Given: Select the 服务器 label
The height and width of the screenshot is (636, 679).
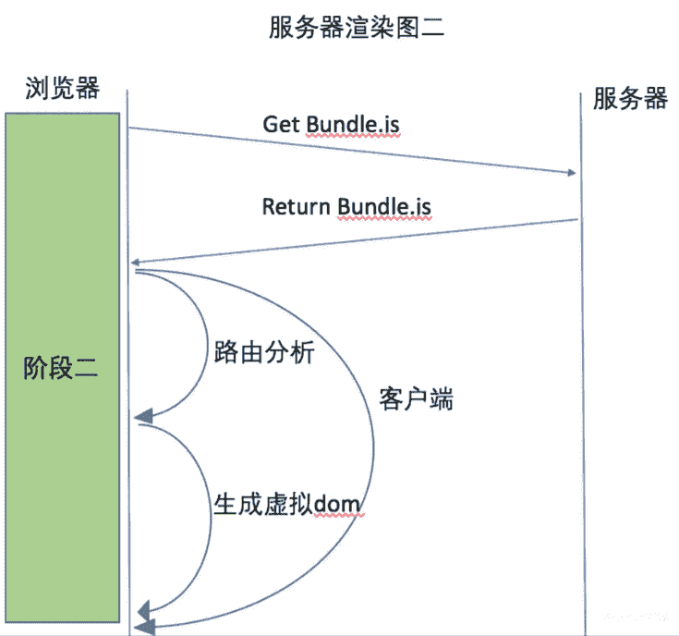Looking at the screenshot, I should click(630, 99).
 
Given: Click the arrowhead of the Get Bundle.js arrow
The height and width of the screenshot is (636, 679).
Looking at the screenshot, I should click(571, 173).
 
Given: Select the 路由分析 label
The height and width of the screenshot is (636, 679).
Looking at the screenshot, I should click(265, 353).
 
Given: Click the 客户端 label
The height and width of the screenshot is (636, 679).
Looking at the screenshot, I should click(417, 400).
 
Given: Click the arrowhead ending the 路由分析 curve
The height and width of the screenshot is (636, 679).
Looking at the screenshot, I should click(142, 419).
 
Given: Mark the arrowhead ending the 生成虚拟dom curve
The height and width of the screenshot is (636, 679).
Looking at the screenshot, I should click(142, 610).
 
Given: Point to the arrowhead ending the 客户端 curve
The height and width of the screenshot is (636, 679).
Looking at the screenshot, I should click(140, 628).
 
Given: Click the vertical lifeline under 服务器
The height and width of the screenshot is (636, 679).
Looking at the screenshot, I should click(582, 370).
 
